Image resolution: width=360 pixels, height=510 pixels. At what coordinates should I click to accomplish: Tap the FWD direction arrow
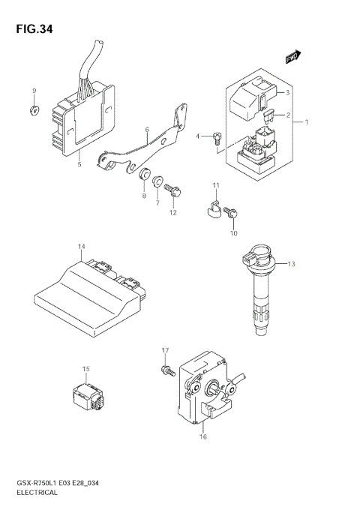click(292, 58)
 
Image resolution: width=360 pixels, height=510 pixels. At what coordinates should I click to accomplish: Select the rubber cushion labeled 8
click(140, 175)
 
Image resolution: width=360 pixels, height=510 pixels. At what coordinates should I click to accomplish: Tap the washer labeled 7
click(158, 181)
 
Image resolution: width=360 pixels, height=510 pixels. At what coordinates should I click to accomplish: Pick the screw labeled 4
click(216, 136)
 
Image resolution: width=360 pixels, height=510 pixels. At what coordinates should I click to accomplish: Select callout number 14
click(81, 247)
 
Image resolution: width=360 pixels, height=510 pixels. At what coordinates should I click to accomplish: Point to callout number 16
click(202, 436)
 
